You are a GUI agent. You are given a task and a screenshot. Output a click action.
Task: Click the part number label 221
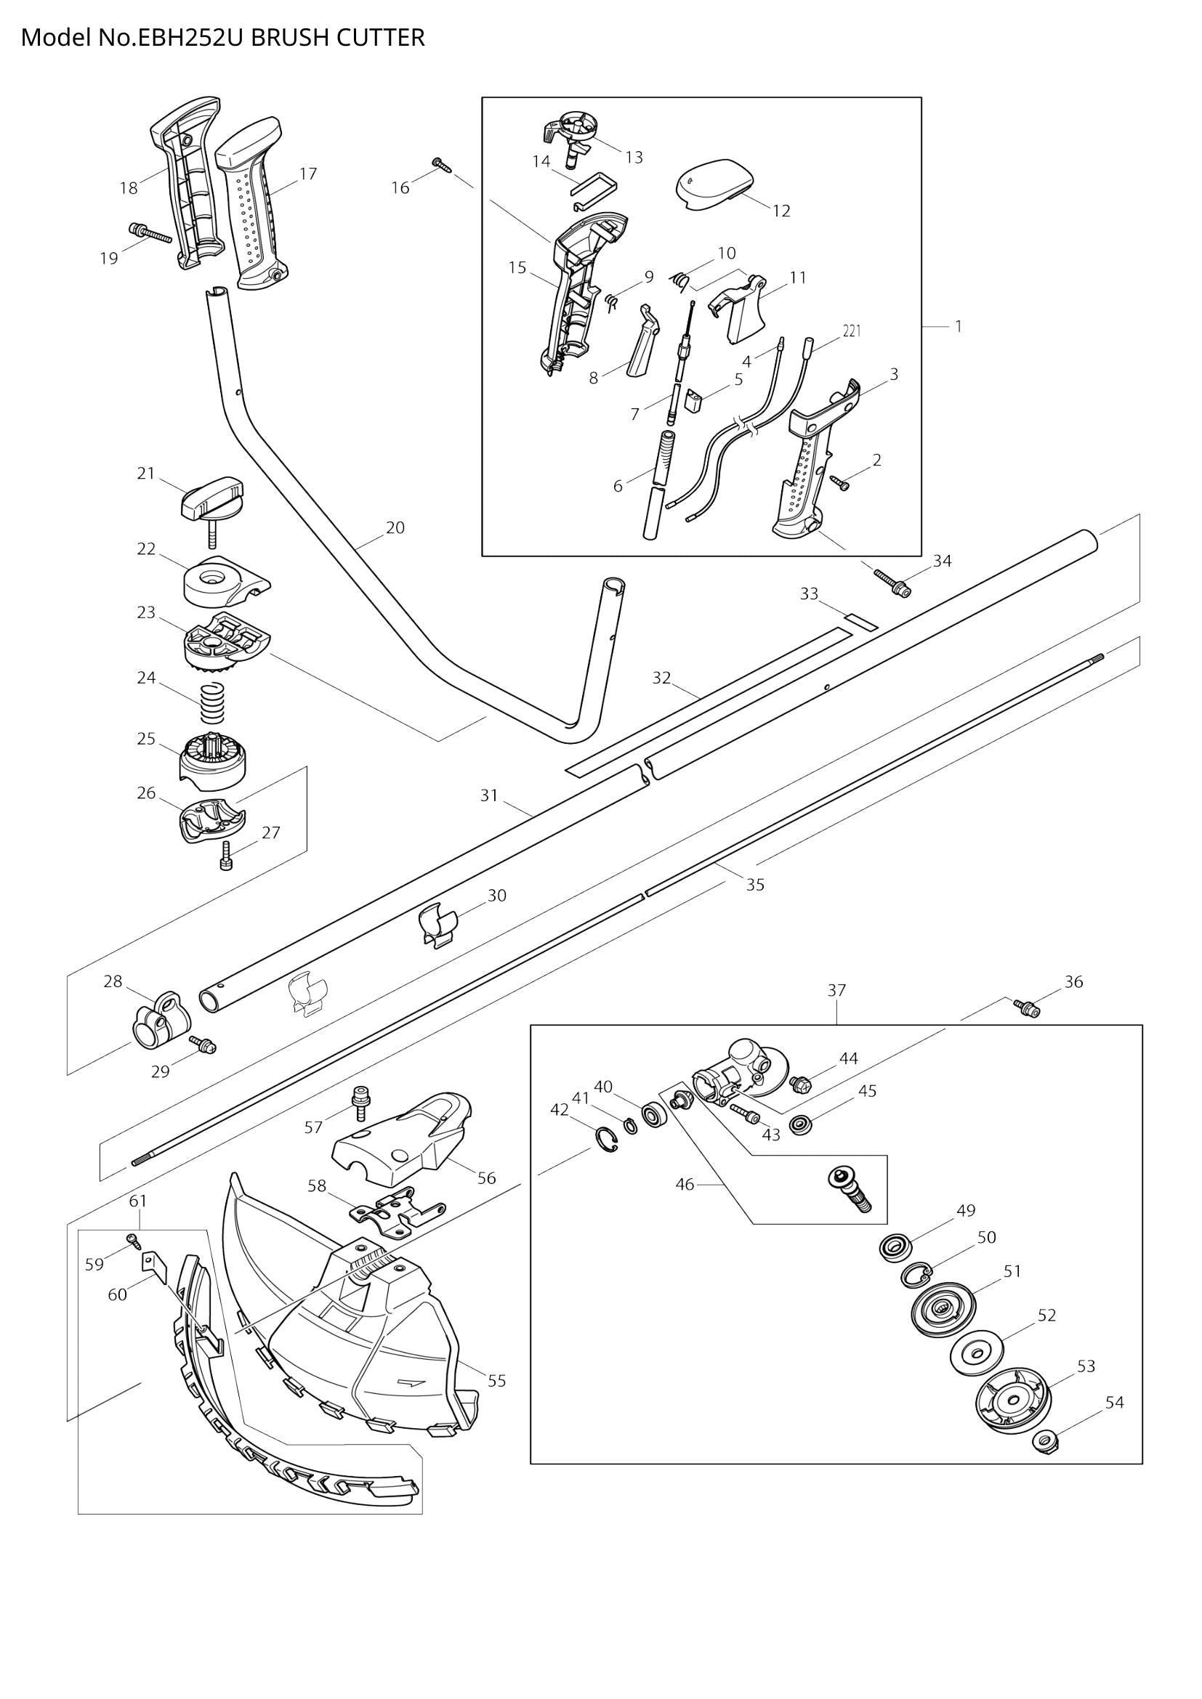pyautogui.click(x=851, y=331)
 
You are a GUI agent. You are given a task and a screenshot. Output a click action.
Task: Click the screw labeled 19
pyautogui.click(x=150, y=233)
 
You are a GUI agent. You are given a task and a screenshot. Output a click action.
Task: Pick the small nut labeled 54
pyautogui.click(x=1043, y=1439)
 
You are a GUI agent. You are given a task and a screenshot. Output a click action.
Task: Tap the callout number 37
pyautogui.click(x=836, y=990)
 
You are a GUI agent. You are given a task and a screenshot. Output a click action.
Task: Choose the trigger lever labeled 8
pyautogui.click(x=643, y=344)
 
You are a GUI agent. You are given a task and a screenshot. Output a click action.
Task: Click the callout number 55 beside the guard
pyautogui.click(x=496, y=1380)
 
